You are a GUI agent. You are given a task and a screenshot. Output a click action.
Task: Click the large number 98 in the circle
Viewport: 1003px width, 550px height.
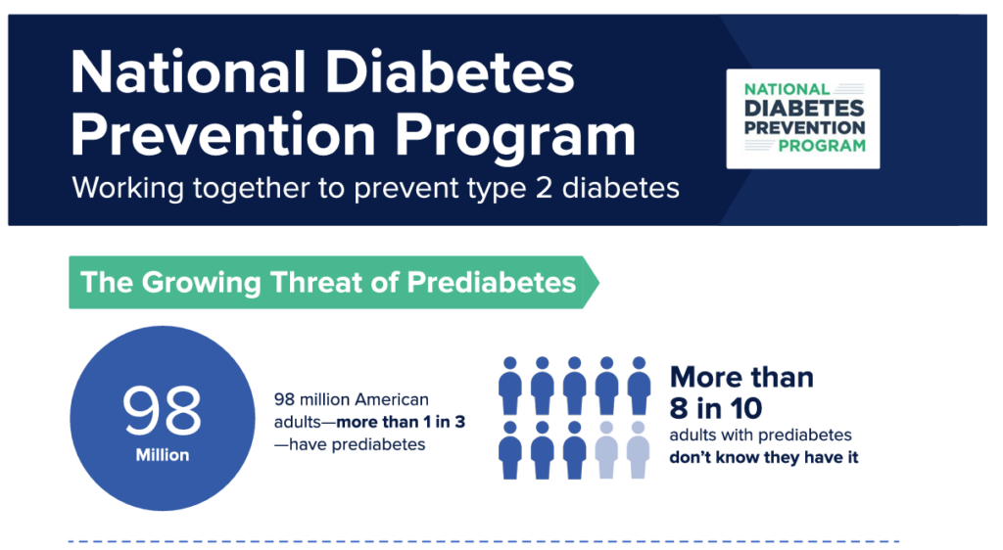162,411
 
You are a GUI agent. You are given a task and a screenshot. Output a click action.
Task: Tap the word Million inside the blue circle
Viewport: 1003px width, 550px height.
163,455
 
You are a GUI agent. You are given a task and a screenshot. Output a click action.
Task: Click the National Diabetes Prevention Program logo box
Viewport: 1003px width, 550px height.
803,118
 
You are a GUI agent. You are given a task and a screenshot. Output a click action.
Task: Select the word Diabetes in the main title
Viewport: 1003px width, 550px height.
450,72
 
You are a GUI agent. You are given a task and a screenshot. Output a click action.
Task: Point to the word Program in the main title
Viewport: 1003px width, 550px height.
515,135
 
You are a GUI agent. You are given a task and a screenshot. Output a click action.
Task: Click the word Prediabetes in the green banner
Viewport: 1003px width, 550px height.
492,283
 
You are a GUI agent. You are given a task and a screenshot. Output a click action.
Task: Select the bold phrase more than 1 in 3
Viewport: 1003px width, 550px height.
401,422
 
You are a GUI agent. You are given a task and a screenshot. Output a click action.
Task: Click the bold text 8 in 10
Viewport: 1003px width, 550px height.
716,408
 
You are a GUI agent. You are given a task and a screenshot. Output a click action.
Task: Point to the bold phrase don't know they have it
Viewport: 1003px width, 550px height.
764,457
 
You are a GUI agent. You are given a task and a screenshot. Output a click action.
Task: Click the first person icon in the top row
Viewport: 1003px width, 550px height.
509,386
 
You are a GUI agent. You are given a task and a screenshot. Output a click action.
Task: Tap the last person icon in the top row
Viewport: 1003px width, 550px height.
639,386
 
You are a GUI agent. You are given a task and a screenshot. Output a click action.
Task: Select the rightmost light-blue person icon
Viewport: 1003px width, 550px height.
639,450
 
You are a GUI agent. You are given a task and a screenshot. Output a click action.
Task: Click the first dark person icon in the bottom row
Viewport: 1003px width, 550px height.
509,450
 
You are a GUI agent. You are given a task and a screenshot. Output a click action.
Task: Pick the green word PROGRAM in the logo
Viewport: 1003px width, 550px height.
822,146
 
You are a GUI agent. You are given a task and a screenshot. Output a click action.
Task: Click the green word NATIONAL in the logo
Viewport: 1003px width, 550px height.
787,89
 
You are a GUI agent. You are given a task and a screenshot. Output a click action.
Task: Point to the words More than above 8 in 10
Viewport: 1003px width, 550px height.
741,378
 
